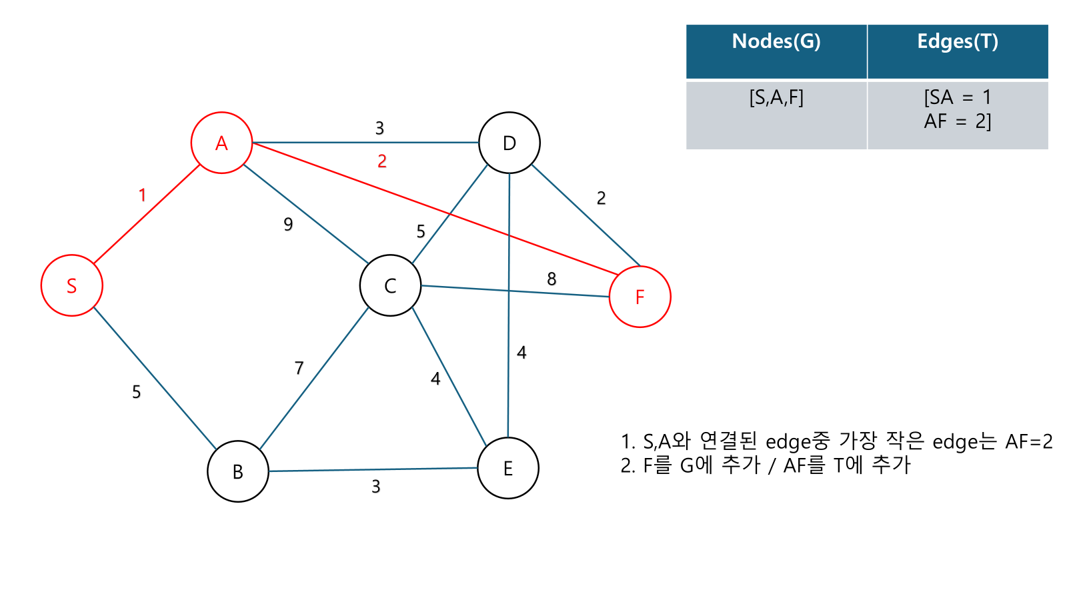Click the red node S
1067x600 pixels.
72,285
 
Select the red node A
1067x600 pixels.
221,143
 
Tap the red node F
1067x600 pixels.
640,297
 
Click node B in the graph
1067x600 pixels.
238,471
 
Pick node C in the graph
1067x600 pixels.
390,285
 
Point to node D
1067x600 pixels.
509,143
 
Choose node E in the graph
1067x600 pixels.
508,468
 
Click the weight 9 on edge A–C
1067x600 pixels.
288,224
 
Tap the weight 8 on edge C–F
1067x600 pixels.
552,279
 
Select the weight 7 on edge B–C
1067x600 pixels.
299,368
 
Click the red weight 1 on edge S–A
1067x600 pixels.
142,195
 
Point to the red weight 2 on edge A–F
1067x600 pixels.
382,161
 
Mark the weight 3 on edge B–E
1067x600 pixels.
376,487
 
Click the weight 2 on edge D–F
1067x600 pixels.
602,198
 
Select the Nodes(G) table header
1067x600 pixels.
776,41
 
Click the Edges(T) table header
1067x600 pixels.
958,41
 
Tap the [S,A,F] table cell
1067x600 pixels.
776,98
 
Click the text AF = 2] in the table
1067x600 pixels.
958,121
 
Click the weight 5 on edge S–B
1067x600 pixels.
136,391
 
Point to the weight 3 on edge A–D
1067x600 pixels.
379,128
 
